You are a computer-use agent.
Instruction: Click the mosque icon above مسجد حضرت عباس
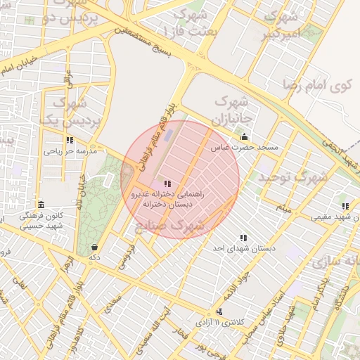click(x=244, y=136)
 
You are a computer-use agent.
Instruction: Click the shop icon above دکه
click(x=95, y=247)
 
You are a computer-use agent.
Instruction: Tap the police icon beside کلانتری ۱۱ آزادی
click(x=220, y=311)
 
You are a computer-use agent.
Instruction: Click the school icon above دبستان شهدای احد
click(x=243, y=238)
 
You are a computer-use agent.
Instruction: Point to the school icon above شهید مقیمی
click(x=345, y=206)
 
